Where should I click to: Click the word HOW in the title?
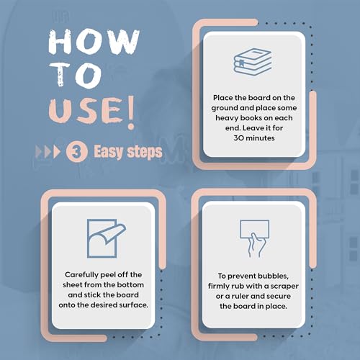coord(94,41)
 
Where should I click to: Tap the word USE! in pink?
coord(92,112)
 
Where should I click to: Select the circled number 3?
coord(76,152)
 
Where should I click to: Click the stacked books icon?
coord(253,62)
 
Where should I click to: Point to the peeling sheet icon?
coord(107,238)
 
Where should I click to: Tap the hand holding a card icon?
coord(255,238)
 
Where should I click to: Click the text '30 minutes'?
coord(254,138)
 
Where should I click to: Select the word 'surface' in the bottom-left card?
coord(136,305)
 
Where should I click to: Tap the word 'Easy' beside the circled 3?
coord(108,152)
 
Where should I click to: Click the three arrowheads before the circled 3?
coord(48,152)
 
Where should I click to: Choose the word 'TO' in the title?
coord(76,75)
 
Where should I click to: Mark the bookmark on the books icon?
coord(241,63)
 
